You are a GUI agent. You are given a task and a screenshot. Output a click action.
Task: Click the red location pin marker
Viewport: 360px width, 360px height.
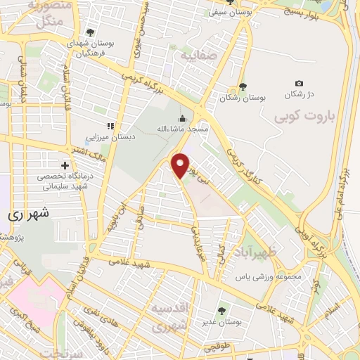tap(181, 165)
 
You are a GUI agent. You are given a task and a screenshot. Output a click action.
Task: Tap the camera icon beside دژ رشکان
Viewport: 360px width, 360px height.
tap(300, 84)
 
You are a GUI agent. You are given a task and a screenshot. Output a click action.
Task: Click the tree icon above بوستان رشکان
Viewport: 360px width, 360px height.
tap(243, 86)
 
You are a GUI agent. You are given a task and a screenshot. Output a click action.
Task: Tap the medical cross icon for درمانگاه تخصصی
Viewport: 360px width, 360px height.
tap(65, 165)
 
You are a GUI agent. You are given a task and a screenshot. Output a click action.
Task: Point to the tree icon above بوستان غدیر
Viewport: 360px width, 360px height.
tap(222, 309)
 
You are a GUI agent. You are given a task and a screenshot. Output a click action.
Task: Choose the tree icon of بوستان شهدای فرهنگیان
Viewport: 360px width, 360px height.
tap(90, 32)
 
